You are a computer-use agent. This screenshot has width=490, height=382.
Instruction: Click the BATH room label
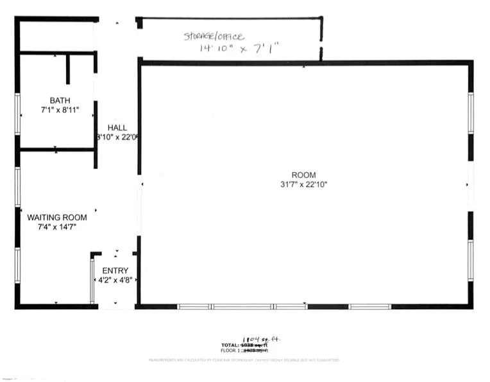tap(60, 101)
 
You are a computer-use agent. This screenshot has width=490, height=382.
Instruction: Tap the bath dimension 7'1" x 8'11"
tap(60, 110)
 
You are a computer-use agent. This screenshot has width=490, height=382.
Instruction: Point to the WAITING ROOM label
tap(57, 218)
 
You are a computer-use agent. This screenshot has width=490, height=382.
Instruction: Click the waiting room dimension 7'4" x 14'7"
tap(57, 227)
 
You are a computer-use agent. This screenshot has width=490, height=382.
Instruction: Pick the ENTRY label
tap(115, 271)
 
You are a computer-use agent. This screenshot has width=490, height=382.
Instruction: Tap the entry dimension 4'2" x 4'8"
tap(115, 281)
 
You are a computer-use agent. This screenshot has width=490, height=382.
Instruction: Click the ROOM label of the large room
tap(304, 175)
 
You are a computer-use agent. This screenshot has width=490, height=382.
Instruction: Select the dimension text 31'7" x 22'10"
tap(304, 185)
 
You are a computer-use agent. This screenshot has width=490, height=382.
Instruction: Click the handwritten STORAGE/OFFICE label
tap(214, 37)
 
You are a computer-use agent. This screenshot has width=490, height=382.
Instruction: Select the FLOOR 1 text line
tap(244, 351)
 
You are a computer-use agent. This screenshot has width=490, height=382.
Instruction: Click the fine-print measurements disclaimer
tap(244, 361)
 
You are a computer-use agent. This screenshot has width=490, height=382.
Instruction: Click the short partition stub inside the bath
tap(67, 69)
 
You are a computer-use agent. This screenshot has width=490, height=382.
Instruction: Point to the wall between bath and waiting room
tap(56, 150)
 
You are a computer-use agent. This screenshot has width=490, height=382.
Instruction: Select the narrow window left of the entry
tap(92, 280)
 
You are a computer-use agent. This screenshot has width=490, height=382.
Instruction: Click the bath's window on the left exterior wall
tap(17, 114)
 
